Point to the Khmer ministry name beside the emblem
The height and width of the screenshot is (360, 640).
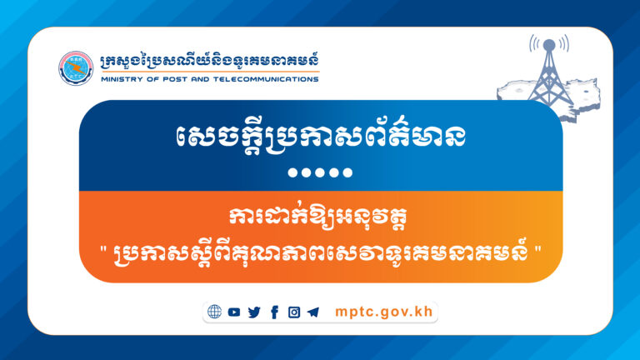coord(208,62)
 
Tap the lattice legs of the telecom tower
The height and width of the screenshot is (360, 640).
coord(546,83)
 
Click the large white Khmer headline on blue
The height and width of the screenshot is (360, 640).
coord(320,134)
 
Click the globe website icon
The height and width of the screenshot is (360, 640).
coord(215,312)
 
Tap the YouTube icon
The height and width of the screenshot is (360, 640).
coord(234,312)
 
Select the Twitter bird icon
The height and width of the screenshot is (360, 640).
coord(254,312)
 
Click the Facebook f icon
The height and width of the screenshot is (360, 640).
coord(274,312)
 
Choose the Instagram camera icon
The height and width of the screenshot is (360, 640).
coord(293,312)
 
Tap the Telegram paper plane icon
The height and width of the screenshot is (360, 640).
coord(312,312)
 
